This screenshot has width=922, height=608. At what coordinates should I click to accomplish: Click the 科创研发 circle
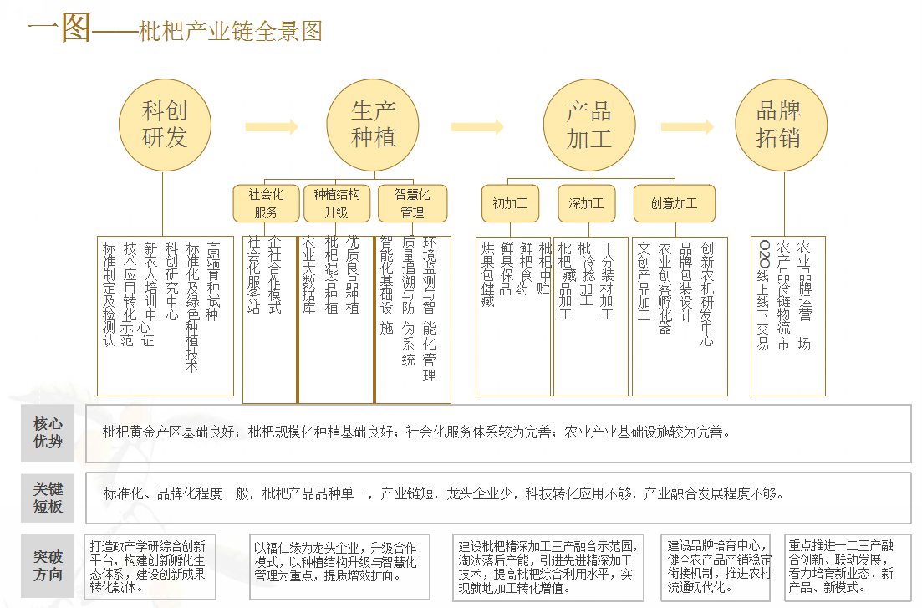point(165,125)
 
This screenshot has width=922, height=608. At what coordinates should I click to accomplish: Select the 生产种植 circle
point(373,125)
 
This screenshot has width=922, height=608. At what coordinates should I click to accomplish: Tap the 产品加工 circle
point(589,125)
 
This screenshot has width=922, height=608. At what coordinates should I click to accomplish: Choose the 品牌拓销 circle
point(781,125)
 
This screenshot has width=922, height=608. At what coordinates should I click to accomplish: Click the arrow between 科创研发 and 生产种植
point(272,127)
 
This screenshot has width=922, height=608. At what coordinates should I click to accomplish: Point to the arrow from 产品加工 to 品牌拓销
point(687,127)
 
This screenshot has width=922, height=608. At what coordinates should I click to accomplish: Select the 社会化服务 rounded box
point(266,203)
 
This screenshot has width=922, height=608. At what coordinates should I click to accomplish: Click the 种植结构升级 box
point(336,203)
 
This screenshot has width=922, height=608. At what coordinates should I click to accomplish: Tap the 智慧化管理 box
point(412,203)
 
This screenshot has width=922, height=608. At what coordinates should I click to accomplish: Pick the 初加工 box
point(510,203)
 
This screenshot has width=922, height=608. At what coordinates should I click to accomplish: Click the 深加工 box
point(586,203)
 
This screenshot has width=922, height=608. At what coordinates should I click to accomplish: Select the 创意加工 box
point(674,203)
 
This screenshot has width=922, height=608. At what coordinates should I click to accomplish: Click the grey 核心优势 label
point(48,432)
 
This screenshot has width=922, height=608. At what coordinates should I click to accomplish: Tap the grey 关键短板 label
point(48,498)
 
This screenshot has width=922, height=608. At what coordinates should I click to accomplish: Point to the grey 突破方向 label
point(48,566)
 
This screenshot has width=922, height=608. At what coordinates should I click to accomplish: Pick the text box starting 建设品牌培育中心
point(719,566)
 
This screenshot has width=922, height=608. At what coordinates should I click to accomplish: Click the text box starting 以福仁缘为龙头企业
point(339,566)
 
